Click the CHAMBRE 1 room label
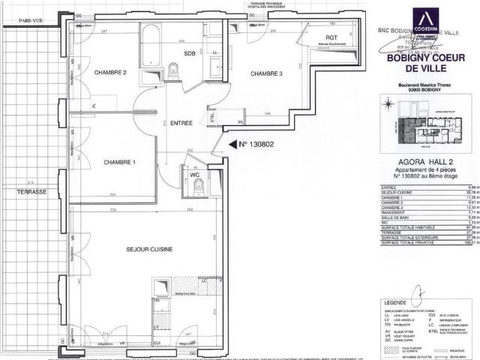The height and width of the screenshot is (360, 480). click(119, 162)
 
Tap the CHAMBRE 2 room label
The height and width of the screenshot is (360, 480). click(109, 72)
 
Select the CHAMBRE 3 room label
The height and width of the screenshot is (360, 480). click(266, 73)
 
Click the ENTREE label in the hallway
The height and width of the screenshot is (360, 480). click(181, 123)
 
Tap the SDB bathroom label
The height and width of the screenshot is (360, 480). click(190, 53)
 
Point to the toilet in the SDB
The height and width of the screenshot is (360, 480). click(173, 71)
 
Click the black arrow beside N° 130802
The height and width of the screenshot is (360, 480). click(232, 144)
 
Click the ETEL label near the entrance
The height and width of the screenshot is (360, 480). click(212, 115)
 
